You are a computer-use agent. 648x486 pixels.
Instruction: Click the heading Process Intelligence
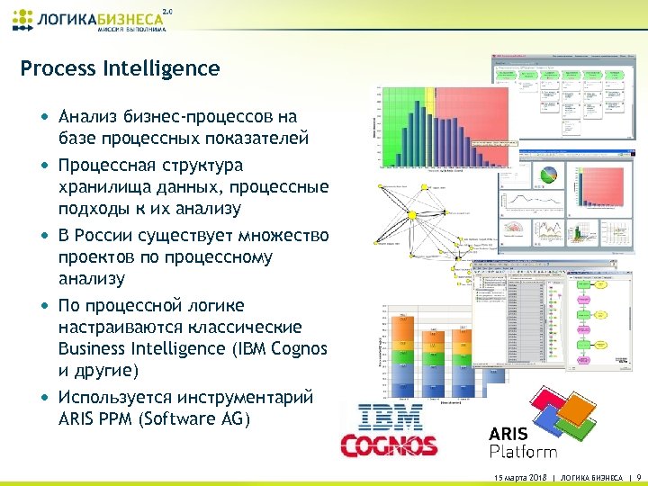120,68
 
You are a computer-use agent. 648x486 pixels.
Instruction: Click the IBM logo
391,418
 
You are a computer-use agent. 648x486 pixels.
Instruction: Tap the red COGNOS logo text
389,445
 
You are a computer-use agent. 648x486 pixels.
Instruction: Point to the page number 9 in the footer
638,475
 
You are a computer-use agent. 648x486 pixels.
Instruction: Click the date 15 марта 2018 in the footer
520,475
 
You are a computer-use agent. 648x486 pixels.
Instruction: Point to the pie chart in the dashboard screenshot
545,178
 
